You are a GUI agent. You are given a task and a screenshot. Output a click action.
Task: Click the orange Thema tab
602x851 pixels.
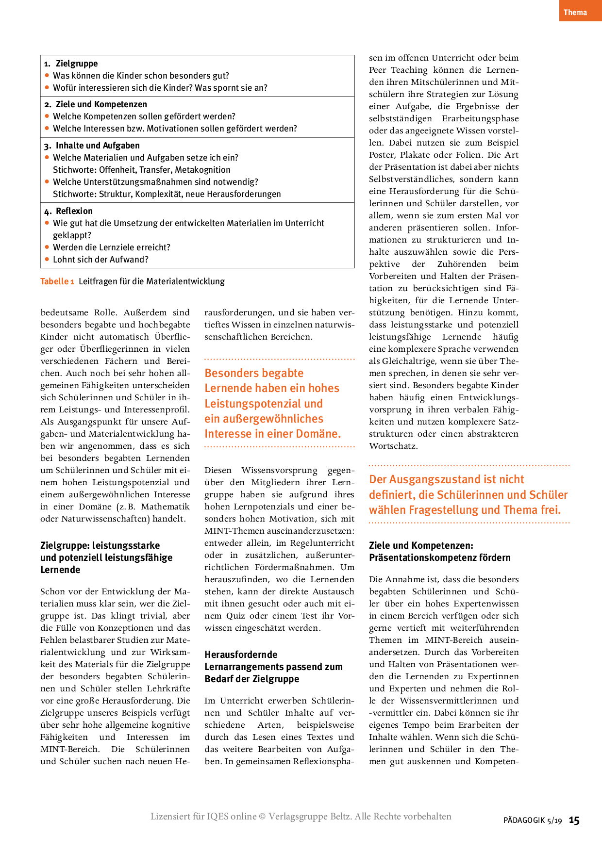point(575,12)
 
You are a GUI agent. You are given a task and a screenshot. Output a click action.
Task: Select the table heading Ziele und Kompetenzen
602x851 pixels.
point(101,104)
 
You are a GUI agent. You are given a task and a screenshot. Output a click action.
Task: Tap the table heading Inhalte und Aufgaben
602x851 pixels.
point(98,146)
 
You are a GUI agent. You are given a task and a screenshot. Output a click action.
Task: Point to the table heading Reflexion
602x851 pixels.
point(74,211)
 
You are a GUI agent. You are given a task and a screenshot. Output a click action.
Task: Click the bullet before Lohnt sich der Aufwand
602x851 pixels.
point(47,259)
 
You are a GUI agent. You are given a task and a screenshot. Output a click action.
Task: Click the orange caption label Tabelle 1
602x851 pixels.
point(57,281)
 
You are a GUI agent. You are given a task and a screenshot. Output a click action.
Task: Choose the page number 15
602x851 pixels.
point(574,820)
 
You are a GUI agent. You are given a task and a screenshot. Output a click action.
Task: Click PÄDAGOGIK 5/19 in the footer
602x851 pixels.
point(533,820)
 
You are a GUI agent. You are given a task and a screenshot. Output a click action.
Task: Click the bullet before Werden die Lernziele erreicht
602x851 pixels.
point(47,247)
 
